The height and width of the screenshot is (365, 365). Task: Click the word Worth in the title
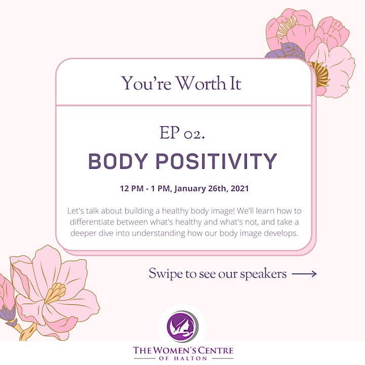click(x=200, y=83)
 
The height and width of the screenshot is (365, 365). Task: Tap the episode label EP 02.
click(x=182, y=133)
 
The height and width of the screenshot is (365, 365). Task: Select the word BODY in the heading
click(x=118, y=161)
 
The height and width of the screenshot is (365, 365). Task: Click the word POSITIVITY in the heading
click(x=216, y=161)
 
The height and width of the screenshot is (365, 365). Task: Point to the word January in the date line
click(x=190, y=189)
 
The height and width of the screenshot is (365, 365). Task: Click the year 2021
click(x=239, y=188)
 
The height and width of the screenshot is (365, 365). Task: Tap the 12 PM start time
click(x=131, y=188)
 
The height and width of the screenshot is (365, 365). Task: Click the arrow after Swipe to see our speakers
click(x=304, y=274)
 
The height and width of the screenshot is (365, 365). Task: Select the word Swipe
click(x=165, y=274)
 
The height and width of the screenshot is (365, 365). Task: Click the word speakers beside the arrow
click(x=263, y=274)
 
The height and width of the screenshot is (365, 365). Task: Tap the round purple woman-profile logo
click(x=182, y=326)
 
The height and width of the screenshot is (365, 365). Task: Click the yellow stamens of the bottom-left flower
click(x=55, y=293)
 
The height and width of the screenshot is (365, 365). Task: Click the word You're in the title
click(x=146, y=83)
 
